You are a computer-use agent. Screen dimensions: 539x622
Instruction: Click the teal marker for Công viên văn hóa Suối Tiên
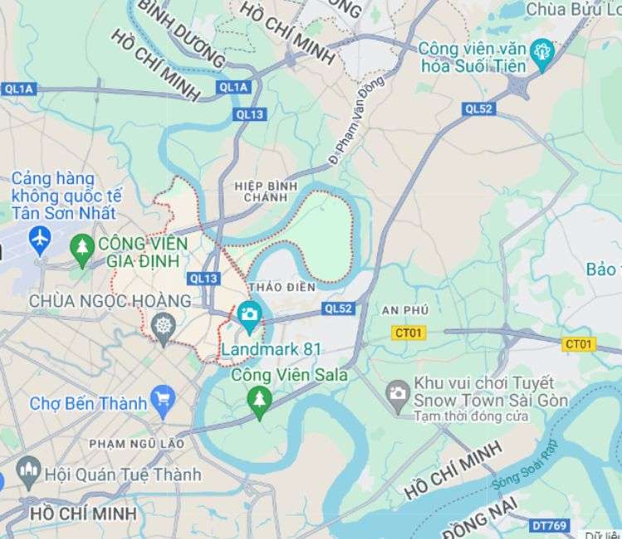[x=542, y=51]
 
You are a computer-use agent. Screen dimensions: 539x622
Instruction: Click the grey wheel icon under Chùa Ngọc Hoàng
[x=163, y=326]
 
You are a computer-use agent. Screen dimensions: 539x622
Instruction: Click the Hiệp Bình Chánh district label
[x=265, y=192]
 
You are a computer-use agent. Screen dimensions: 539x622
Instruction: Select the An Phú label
[x=405, y=309]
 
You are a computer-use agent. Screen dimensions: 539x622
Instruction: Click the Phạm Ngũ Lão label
[x=136, y=444]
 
